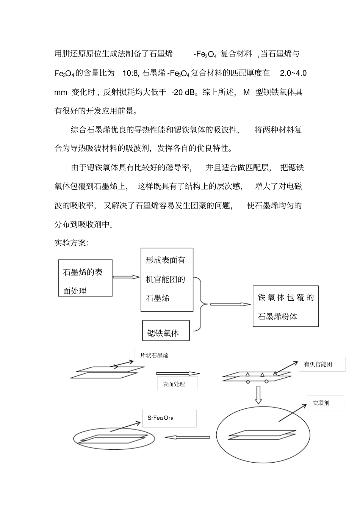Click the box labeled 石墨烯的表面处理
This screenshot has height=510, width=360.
click(85, 278)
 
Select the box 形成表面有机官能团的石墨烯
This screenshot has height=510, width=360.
click(167, 280)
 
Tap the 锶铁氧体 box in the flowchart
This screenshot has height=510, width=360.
click(166, 331)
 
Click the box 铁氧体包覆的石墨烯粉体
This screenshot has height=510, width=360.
click(285, 306)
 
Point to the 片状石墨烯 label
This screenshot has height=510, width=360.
click(154, 356)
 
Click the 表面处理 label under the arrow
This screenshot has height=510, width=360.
click(174, 384)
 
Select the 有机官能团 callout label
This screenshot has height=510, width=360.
click(318, 364)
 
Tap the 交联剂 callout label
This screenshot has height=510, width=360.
click(321, 403)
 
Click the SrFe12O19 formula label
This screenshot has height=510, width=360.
click(160, 418)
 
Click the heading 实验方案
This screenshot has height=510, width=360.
click(71, 243)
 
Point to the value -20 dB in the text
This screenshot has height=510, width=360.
click(183, 92)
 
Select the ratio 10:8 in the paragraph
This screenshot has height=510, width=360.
click(131, 73)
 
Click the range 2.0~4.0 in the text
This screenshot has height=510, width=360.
click(293, 73)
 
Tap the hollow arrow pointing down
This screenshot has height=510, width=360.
click(258, 395)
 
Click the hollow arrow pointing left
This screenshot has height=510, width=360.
click(187, 438)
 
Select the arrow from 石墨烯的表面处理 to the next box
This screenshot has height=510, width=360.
click(126, 277)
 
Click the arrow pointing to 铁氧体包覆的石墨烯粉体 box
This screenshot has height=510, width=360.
click(230, 304)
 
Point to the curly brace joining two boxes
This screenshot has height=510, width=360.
click(201, 304)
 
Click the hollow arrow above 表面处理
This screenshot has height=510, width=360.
click(178, 373)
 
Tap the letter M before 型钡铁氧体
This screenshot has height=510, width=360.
click(247, 92)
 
